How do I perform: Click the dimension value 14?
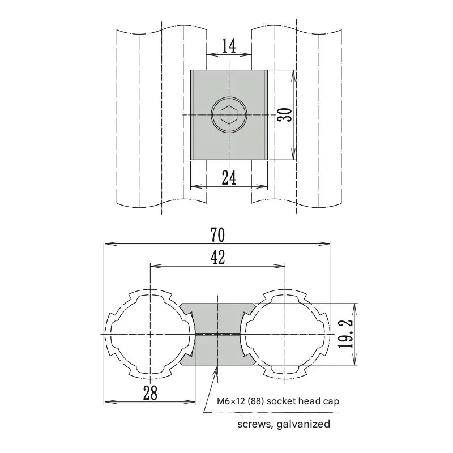point(229,45)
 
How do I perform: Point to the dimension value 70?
point(217,234)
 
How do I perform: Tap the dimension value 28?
point(149,392)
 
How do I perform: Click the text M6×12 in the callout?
point(234,401)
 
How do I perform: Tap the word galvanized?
point(300,424)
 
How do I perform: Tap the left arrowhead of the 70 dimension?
point(108,244)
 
